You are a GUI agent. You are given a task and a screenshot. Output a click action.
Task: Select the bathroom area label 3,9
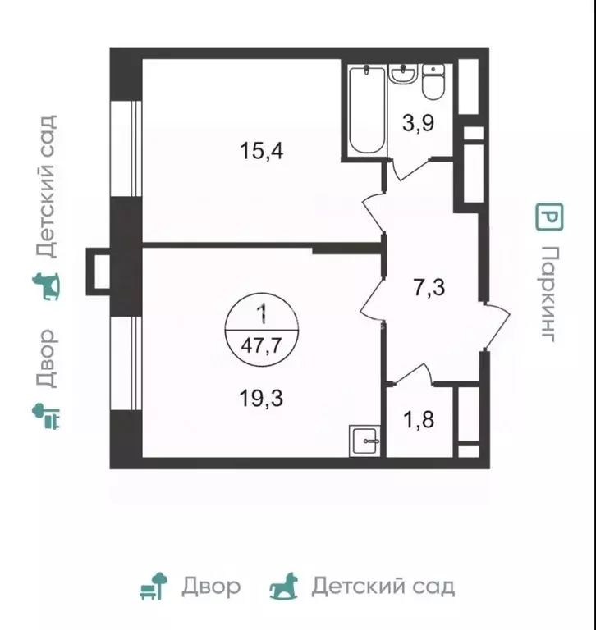419,125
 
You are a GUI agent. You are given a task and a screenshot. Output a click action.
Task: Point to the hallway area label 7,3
427,287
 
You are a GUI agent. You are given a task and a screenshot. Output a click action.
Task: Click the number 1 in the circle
261,313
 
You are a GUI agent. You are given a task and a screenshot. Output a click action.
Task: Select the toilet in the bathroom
433,83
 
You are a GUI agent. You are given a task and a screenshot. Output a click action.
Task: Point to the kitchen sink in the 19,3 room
365,441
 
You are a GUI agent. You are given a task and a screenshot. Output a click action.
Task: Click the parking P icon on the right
549,217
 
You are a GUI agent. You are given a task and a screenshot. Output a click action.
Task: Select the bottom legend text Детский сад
382,587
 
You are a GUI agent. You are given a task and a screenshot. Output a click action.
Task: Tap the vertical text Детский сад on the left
46,187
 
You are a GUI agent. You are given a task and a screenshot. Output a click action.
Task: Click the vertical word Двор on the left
46,358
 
